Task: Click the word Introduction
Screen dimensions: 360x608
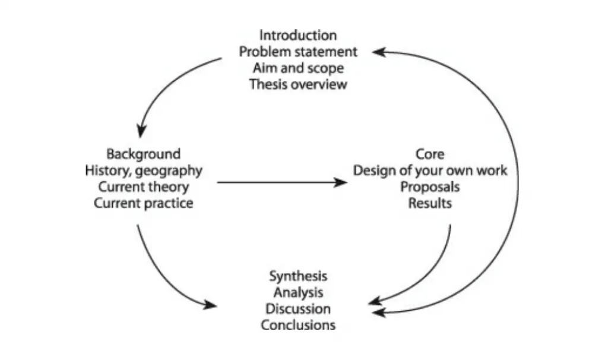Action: pos(298,35)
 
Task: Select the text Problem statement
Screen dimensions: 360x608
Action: pos(298,52)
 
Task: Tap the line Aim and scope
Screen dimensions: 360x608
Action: pos(298,68)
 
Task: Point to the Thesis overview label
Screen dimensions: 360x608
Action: pos(298,84)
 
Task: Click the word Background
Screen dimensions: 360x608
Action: pos(143,154)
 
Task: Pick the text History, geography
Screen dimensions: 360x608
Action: pos(143,170)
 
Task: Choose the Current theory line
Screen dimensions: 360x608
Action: pos(143,187)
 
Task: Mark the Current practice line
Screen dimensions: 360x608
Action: pos(143,203)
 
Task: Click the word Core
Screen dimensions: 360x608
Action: pos(430,154)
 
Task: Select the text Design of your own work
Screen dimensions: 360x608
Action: pos(430,170)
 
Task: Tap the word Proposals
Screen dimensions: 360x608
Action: pos(430,187)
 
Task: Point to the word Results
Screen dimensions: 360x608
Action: pos(430,203)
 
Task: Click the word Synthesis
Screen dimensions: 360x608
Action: pos(298,276)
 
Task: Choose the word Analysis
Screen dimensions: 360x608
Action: pos(298,292)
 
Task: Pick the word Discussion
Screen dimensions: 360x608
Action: pos(298,309)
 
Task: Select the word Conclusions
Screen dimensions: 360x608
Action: pos(298,325)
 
